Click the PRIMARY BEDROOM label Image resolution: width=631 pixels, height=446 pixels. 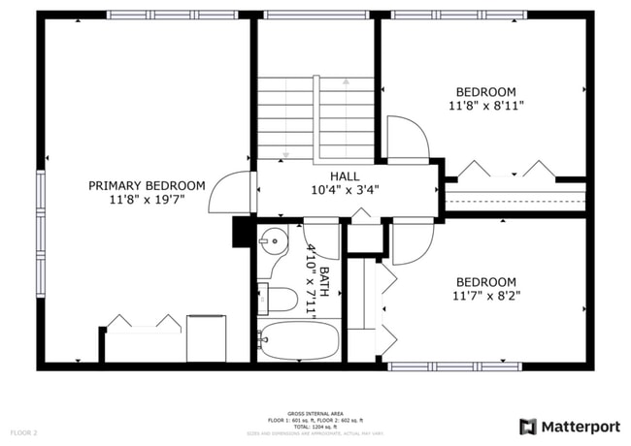pos(147,185)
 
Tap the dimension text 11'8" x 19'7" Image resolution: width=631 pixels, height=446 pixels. pos(147,200)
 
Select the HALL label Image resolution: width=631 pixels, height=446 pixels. pos(345,175)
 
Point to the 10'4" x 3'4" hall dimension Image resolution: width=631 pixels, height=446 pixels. pos(345,190)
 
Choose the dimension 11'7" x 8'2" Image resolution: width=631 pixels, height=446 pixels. pos(486,296)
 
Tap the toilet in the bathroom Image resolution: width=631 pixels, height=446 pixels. pos(280,299)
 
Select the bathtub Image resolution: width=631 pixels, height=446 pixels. pos(299,340)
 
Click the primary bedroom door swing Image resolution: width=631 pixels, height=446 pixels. pos(233,191)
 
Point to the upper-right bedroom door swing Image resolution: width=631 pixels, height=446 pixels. pos(406,138)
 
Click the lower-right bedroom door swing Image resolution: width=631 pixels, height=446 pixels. pos(412,242)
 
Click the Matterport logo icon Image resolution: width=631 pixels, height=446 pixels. pos(528,426)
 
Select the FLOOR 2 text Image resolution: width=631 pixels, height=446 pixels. pos(24,431)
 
